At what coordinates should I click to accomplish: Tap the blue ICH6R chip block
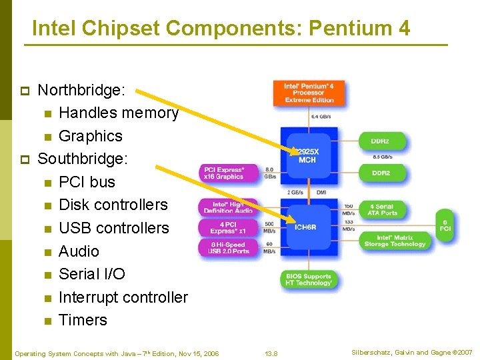pyautogui.click(x=305, y=227)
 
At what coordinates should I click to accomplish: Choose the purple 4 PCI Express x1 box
pyautogui.click(x=227, y=228)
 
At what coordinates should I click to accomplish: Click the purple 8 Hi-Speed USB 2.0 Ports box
pyautogui.click(x=227, y=248)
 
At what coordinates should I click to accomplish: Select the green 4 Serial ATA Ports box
pyautogui.click(x=382, y=209)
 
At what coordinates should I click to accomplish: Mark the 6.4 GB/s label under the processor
pyautogui.click(x=321, y=117)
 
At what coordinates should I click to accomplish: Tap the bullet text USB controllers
pyautogui.click(x=114, y=228)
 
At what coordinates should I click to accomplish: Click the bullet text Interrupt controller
pyautogui.click(x=123, y=297)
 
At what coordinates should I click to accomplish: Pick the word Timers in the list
pyautogui.click(x=83, y=320)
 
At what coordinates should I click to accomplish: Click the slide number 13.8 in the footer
pyautogui.click(x=271, y=353)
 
